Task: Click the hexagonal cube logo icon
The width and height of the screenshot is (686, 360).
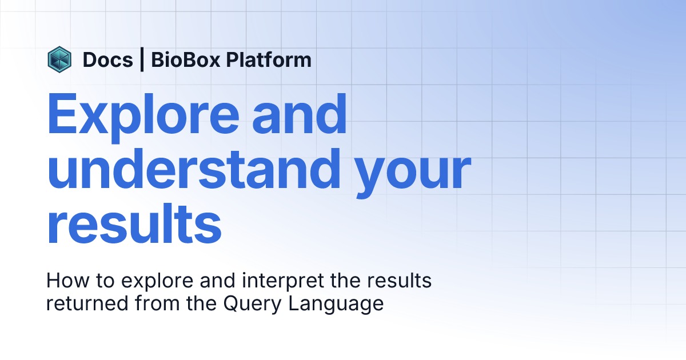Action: point(59,59)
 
